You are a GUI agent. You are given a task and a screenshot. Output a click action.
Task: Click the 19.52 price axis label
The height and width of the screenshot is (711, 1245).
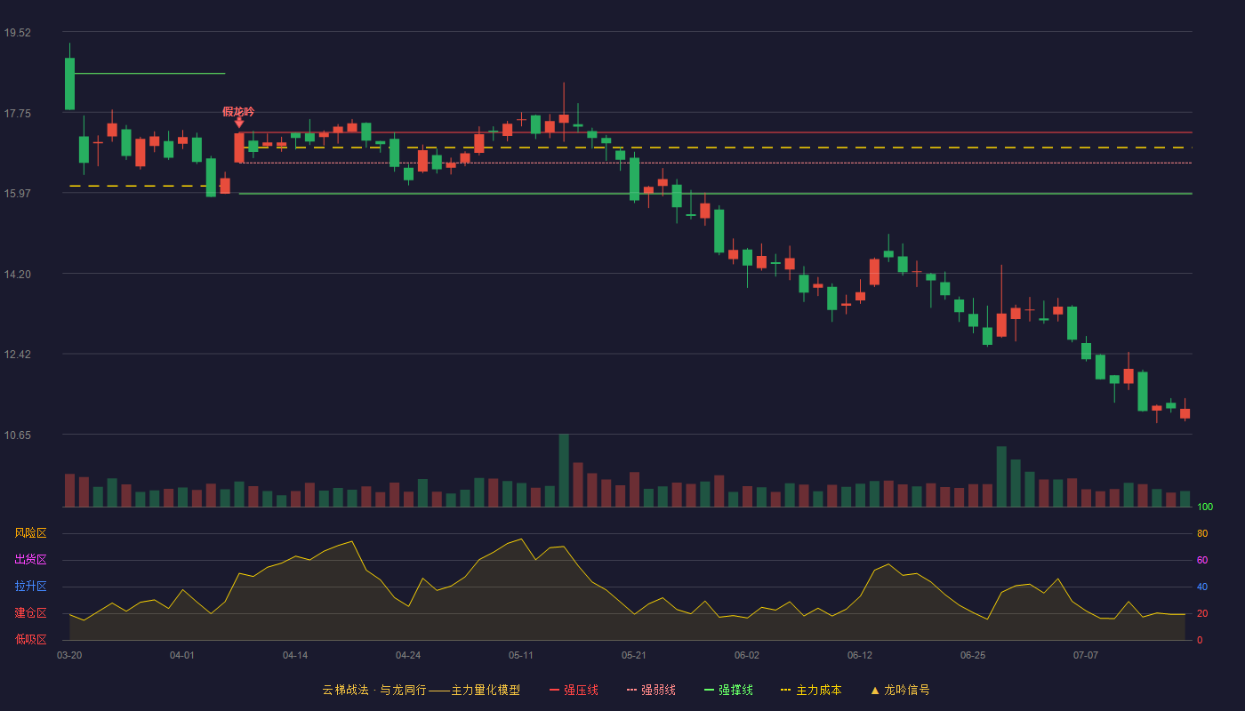pyautogui.click(x=17, y=33)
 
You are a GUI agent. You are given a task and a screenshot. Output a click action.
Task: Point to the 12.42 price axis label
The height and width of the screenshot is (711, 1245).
pyautogui.click(x=17, y=355)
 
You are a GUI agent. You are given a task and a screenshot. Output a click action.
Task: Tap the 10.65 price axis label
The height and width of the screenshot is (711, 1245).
pyautogui.click(x=17, y=435)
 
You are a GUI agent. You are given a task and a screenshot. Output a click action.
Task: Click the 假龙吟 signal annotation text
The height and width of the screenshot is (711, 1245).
pyautogui.click(x=238, y=112)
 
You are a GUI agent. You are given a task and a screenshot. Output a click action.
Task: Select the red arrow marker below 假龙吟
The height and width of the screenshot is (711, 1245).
pyautogui.click(x=239, y=123)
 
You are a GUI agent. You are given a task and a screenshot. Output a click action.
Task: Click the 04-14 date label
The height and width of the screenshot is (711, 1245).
pyautogui.click(x=295, y=656)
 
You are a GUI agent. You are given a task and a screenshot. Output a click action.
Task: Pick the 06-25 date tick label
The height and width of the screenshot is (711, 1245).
pyautogui.click(x=973, y=656)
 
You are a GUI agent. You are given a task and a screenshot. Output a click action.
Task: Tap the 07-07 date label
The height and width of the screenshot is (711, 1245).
pyautogui.click(x=1086, y=656)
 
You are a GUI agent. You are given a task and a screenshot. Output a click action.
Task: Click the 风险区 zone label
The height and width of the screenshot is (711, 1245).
pyautogui.click(x=30, y=533)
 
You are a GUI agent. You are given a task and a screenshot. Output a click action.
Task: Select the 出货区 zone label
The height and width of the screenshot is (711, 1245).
pyautogui.click(x=30, y=559)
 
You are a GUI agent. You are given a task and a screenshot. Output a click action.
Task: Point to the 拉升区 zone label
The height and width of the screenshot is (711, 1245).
pyautogui.click(x=30, y=586)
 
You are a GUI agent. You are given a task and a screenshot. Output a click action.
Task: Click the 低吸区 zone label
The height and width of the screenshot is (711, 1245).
pyautogui.click(x=30, y=639)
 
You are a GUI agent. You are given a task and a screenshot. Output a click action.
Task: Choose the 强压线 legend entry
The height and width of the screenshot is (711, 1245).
pyautogui.click(x=574, y=690)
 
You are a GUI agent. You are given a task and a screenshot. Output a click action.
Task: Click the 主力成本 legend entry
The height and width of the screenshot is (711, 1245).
pyautogui.click(x=811, y=690)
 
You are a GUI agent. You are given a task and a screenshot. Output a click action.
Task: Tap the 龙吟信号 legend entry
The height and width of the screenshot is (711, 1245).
pyautogui.click(x=900, y=690)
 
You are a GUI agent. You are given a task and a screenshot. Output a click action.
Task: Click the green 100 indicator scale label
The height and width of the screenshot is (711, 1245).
pyautogui.click(x=1205, y=507)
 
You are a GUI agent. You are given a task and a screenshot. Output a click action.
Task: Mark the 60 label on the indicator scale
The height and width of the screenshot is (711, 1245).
pyautogui.click(x=1202, y=560)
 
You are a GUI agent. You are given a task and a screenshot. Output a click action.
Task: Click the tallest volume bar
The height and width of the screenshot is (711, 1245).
pyautogui.click(x=564, y=470)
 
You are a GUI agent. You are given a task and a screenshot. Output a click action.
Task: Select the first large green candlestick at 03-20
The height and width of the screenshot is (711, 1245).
pyautogui.click(x=69, y=84)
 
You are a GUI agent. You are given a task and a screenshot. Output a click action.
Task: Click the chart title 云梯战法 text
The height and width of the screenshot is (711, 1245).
pyautogui.click(x=345, y=690)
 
